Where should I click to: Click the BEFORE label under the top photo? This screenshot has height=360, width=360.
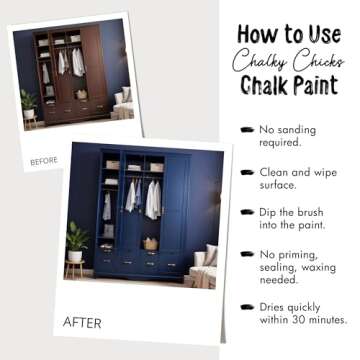pyautogui.click(x=44, y=160)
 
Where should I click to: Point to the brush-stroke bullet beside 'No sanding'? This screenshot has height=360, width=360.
pyautogui.click(x=246, y=130)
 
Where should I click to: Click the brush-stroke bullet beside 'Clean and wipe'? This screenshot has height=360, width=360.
pyautogui.click(x=246, y=172)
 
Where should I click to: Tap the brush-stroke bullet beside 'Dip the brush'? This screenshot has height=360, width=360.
pyautogui.click(x=246, y=213)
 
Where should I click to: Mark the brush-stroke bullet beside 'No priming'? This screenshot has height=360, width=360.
pyautogui.click(x=246, y=255)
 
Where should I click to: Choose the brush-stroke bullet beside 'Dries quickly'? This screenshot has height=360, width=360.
pyautogui.click(x=246, y=308)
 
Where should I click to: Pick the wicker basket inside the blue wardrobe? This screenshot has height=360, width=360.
pyautogui.click(x=150, y=244)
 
